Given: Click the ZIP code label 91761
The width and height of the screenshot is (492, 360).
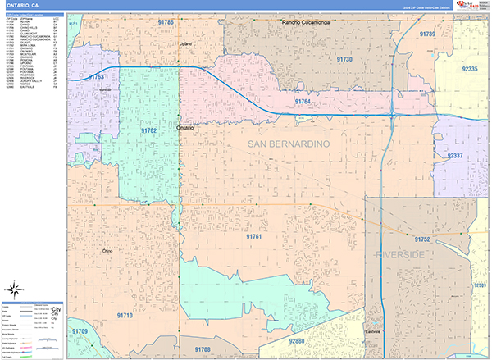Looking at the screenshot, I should pyautogui.click(x=253, y=236).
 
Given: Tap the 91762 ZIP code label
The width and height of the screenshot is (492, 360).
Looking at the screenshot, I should pyautogui.click(x=148, y=130).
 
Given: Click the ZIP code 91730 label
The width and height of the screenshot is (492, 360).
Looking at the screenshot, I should pyautogui.click(x=344, y=60).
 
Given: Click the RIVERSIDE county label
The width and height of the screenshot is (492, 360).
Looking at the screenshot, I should pyautogui.click(x=400, y=255).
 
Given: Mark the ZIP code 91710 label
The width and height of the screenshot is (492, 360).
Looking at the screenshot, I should pyautogui.click(x=125, y=315).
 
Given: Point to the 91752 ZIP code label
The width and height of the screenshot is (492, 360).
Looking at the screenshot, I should pyautogui.click(x=422, y=239).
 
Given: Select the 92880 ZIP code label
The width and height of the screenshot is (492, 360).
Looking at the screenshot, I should pyautogui.click(x=296, y=340).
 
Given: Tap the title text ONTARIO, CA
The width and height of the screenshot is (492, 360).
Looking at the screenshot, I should pyautogui.click(x=25, y=5).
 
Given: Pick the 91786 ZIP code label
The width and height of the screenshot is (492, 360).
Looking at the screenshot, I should pyautogui.click(x=166, y=22).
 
